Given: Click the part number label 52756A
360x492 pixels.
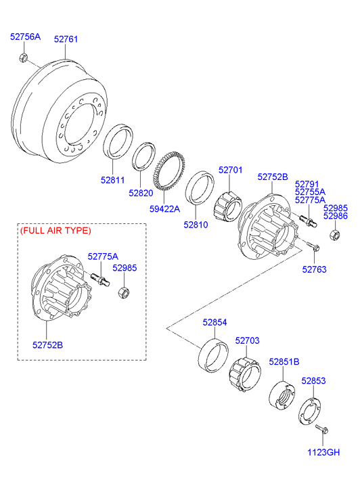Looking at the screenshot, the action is (x=26, y=37).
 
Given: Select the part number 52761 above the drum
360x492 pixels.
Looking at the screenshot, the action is (x=66, y=39).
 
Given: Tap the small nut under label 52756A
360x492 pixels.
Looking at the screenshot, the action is (x=23, y=58).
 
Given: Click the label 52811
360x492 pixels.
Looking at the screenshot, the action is (x=113, y=180).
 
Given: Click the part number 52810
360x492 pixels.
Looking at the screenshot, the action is (x=196, y=225).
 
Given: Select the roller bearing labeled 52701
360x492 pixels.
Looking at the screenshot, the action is (x=228, y=206).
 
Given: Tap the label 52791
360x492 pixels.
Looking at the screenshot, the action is (x=307, y=184).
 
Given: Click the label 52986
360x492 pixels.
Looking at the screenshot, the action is (x=336, y=216).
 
